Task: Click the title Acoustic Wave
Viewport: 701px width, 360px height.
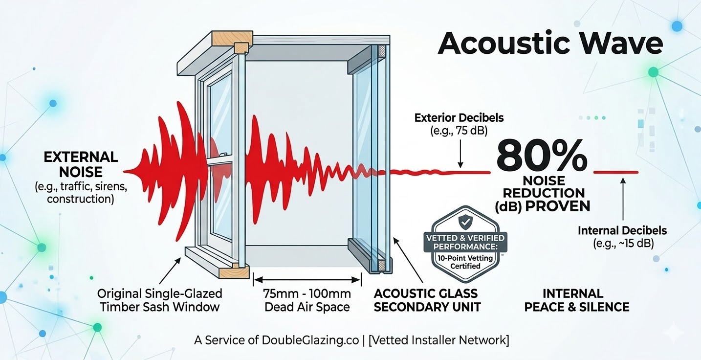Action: click(550, 44)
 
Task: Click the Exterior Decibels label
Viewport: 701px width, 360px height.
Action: click(459, 118)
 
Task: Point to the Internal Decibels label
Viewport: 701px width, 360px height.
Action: click(622, 230)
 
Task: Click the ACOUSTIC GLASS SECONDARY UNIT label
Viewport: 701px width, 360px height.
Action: click(425, 300)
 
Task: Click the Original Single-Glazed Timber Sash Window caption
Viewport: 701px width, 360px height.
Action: click(159, 300)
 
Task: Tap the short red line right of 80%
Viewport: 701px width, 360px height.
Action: click(615, 172)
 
